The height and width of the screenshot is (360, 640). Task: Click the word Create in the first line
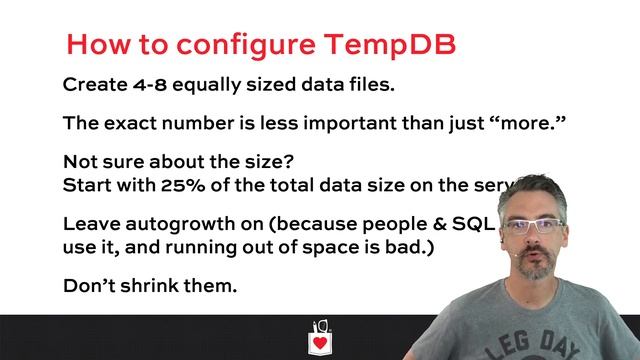coord(93,84)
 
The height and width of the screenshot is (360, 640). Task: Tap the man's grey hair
coord(530,195)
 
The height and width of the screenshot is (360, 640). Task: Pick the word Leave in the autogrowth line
coord(89,224)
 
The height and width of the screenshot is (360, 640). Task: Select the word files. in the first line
coord(368,84)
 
